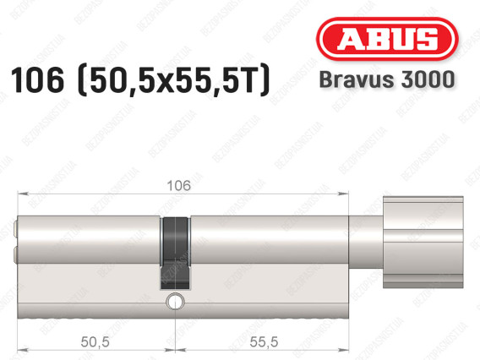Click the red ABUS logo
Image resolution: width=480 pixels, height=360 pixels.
tap(387, 39)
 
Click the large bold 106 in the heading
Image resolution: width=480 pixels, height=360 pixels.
tap(38, 80)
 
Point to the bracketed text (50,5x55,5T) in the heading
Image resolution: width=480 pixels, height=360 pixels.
tap(174, 80)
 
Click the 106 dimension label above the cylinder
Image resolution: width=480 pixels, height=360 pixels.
tap(179, 186)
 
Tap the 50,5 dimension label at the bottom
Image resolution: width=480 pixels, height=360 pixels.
tap(95, 342)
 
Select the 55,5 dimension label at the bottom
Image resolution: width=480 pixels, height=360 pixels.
tap(264, 342)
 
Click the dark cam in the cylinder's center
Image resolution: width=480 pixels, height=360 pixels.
tap(175, 254)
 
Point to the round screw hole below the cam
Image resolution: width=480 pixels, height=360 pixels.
tap(175, 302)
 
